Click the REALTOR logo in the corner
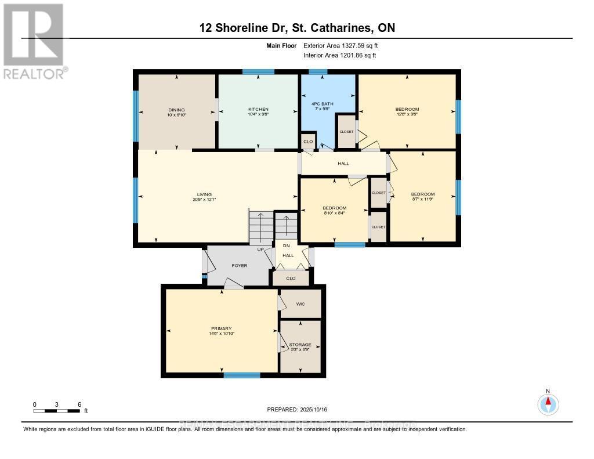(34, 41)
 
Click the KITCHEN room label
(258, 109)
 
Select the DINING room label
(176, 109)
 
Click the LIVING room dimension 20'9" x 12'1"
(204, 200)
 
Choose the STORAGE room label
(300, 345)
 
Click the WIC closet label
(300, 304)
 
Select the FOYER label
(240, 265)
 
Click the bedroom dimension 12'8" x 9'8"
(407, 114)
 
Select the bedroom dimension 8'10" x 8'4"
(334, 213)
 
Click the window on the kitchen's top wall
(258, 72)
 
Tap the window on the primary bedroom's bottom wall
(241, 375)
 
